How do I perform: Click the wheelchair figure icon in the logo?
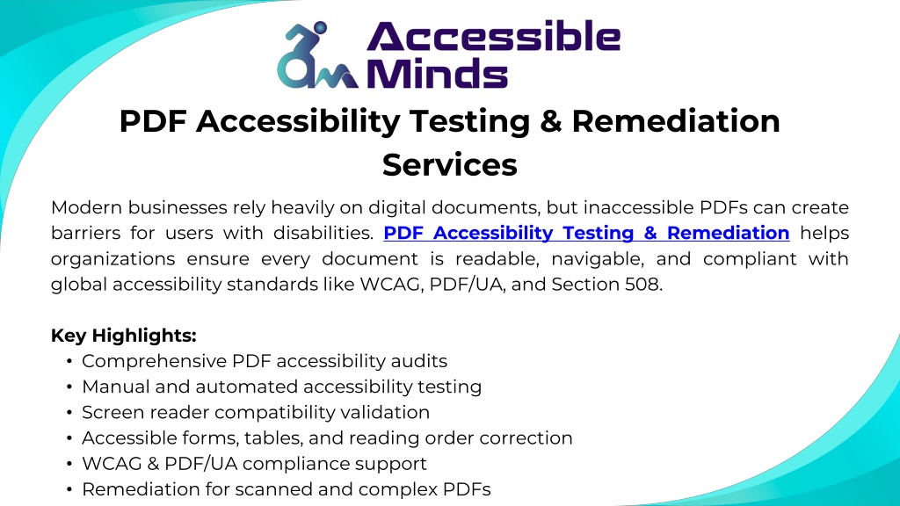pos(317,55)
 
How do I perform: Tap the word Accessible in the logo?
pos(494,36)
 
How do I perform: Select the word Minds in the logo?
pos(438,74)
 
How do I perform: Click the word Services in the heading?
pos(449,165)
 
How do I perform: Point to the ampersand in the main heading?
pos(550,121)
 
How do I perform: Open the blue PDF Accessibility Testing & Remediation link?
pos(586,233)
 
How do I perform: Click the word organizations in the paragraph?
pos(113,259)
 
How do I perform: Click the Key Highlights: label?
pos(123,336)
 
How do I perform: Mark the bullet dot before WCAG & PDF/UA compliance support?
pos(69,464)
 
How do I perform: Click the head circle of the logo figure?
pos(320,27)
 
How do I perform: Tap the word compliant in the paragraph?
pos(750,259)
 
